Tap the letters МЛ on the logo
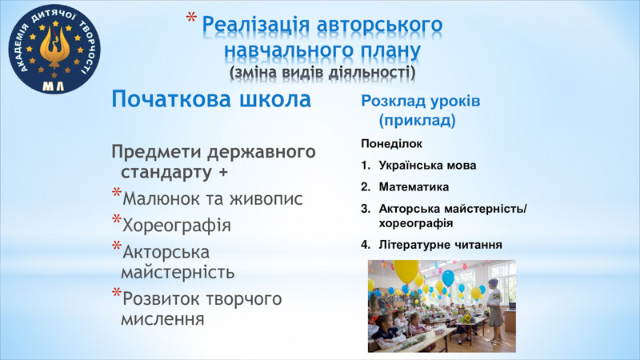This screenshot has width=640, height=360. click(x=54, y=86)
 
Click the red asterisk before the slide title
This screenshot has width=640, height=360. click(x=191, y=18)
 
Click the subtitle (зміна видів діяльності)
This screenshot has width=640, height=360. click(x=322, y=73)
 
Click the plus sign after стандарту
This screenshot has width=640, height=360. click(x=223, y=172)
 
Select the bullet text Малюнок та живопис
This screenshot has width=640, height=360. click(x=213, y=198)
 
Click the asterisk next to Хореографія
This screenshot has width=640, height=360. click(x=117, y=219)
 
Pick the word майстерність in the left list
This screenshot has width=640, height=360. click(x=178, y=272)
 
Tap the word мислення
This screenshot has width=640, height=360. click(x=162, y=318)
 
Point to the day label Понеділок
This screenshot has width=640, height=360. click(x=391, y=144)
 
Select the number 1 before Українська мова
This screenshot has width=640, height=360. click(x=365, y=166)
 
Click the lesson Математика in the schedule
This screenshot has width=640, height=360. click(x=414, y=187)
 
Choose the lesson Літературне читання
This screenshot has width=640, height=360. click(x=441, y=245)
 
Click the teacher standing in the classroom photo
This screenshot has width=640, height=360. click(x=495, y=310)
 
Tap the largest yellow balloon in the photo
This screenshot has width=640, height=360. click(x=406, y=270)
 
